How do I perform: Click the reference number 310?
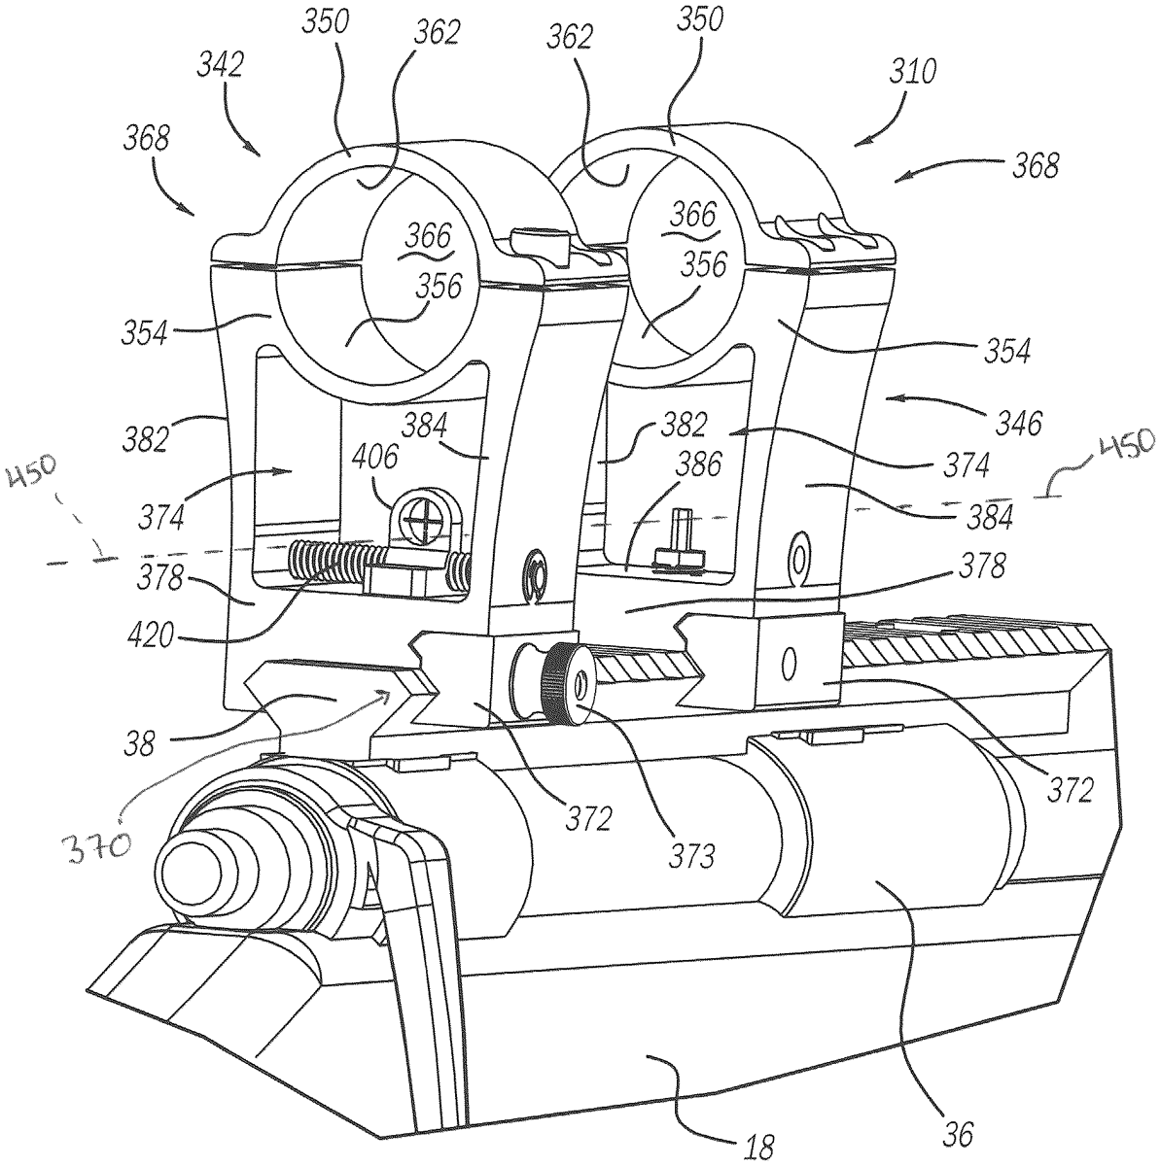click(912, 72)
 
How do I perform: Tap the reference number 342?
click(220, 65)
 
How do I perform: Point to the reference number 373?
click(691, 856)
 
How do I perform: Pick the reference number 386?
click(699, 464)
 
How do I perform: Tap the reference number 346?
click(1019, 423)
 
